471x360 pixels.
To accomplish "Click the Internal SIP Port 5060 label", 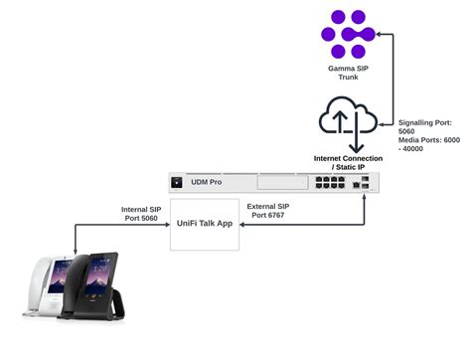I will [142, 215].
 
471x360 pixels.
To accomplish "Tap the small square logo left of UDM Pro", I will [182, 183].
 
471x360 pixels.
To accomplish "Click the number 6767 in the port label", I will [285, 216].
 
